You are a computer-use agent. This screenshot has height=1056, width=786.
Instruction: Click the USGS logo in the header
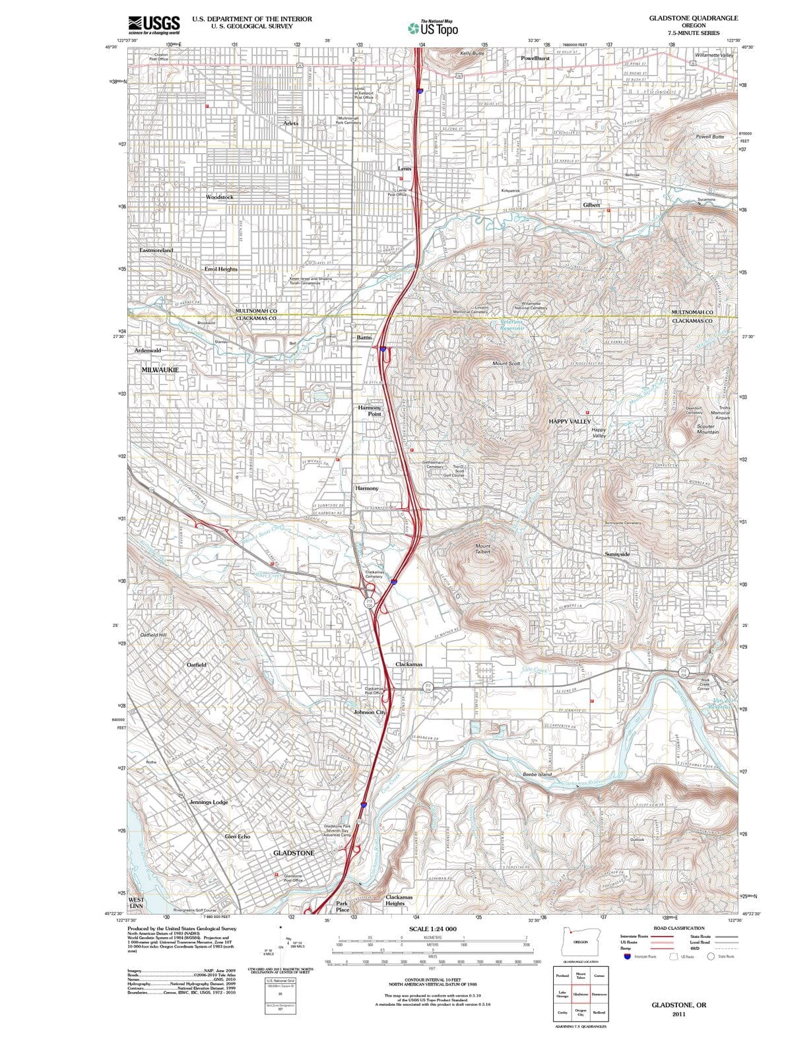[154, 24]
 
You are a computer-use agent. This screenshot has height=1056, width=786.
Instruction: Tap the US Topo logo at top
[433, 28]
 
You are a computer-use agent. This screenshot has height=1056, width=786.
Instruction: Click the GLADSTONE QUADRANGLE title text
[693, 18]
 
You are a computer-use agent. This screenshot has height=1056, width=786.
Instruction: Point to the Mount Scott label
[506, 364]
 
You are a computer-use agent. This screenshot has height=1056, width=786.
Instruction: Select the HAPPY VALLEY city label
[570, 421]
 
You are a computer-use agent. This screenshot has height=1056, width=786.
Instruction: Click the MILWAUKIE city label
[160, 370]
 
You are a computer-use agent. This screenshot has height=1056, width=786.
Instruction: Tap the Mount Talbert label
[483, 549]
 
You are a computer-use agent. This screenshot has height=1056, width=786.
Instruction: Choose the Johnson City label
[370, 713]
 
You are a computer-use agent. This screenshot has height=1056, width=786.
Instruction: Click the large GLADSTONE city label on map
[294, 853]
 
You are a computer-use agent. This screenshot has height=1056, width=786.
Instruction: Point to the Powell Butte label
[709, 137]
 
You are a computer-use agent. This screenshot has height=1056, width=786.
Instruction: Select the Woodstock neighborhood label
[219, 197]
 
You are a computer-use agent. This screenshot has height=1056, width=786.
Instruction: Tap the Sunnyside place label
[617, 554]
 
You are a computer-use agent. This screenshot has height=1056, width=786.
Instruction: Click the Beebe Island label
[537, 774]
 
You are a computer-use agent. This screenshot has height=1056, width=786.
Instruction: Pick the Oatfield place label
[197, 665]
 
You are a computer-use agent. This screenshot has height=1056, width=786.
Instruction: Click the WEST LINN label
[137, 903]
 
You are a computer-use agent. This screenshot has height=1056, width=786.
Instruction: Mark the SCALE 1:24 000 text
[432, 929]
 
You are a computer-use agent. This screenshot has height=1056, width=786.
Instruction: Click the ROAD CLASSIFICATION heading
[678, 928]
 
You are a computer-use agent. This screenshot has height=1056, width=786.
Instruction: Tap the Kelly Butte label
[472, 53]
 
